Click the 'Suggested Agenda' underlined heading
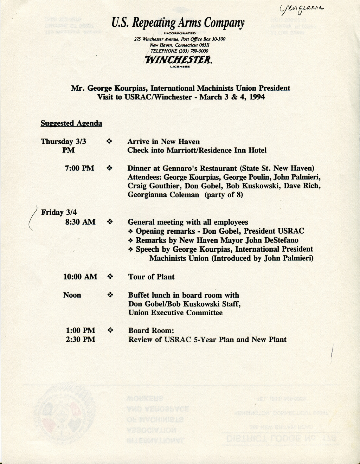point(71,123)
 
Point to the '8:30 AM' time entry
point(80,222)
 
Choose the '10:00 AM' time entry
point(80,277)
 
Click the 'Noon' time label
point(72,295)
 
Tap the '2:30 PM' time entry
point(80,340)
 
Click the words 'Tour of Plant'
point(151,277)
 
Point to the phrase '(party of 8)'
point(224,194)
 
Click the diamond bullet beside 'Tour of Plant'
point(110,277)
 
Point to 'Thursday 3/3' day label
point(63,141)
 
